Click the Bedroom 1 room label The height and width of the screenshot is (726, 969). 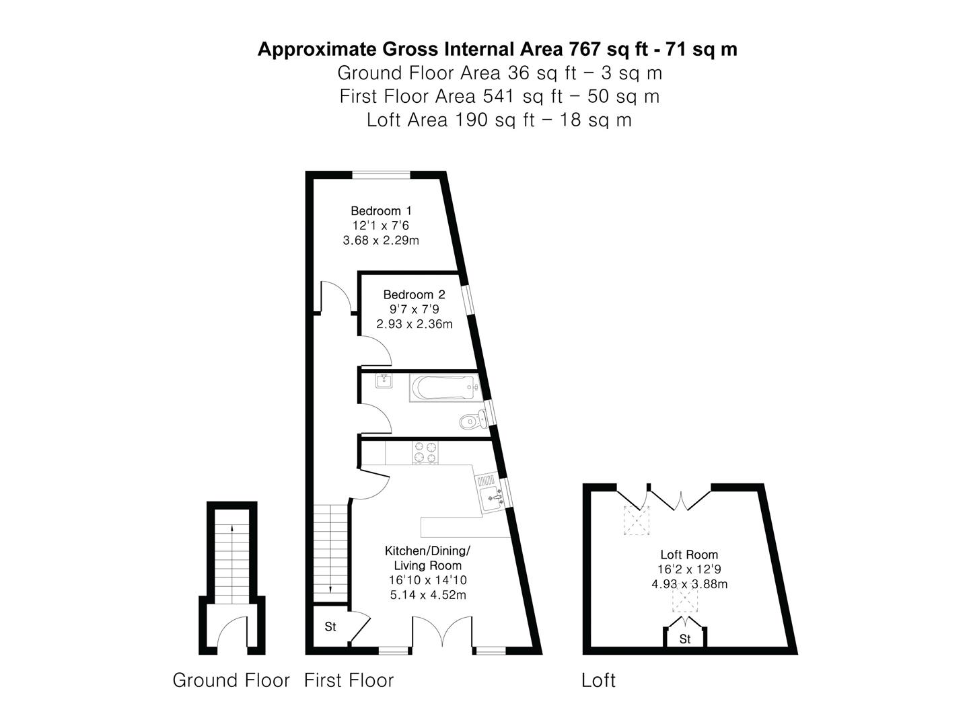[x=381, y=211]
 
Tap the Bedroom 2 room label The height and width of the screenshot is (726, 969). [x=414, y=294]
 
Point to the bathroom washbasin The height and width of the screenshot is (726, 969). [x=385, y=381]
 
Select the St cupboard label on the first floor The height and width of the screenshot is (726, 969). [x=330, y=627]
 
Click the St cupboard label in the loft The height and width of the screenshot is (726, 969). [x=684, y=639]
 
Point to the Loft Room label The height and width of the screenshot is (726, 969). [x=689, y=555]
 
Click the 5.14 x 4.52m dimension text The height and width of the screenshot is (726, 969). [x=428, y=595]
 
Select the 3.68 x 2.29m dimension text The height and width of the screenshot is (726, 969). [x=381, y=241]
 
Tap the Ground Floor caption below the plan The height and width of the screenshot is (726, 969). [x=231, y=680]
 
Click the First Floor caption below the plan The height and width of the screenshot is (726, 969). [x=349, y=680]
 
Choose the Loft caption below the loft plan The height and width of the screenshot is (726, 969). [x=598, y=681]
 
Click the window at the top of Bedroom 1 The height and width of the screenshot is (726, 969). [x=382, y=175]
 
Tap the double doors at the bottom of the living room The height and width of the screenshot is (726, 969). [x=442, y=632]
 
